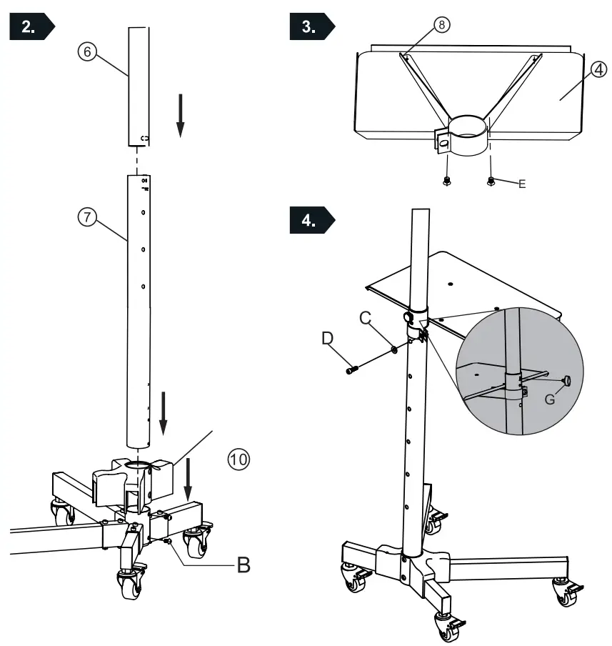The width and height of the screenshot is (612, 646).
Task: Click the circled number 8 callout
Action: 442,25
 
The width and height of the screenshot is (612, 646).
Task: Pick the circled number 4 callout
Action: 598,70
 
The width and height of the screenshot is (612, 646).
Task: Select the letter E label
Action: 522,184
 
